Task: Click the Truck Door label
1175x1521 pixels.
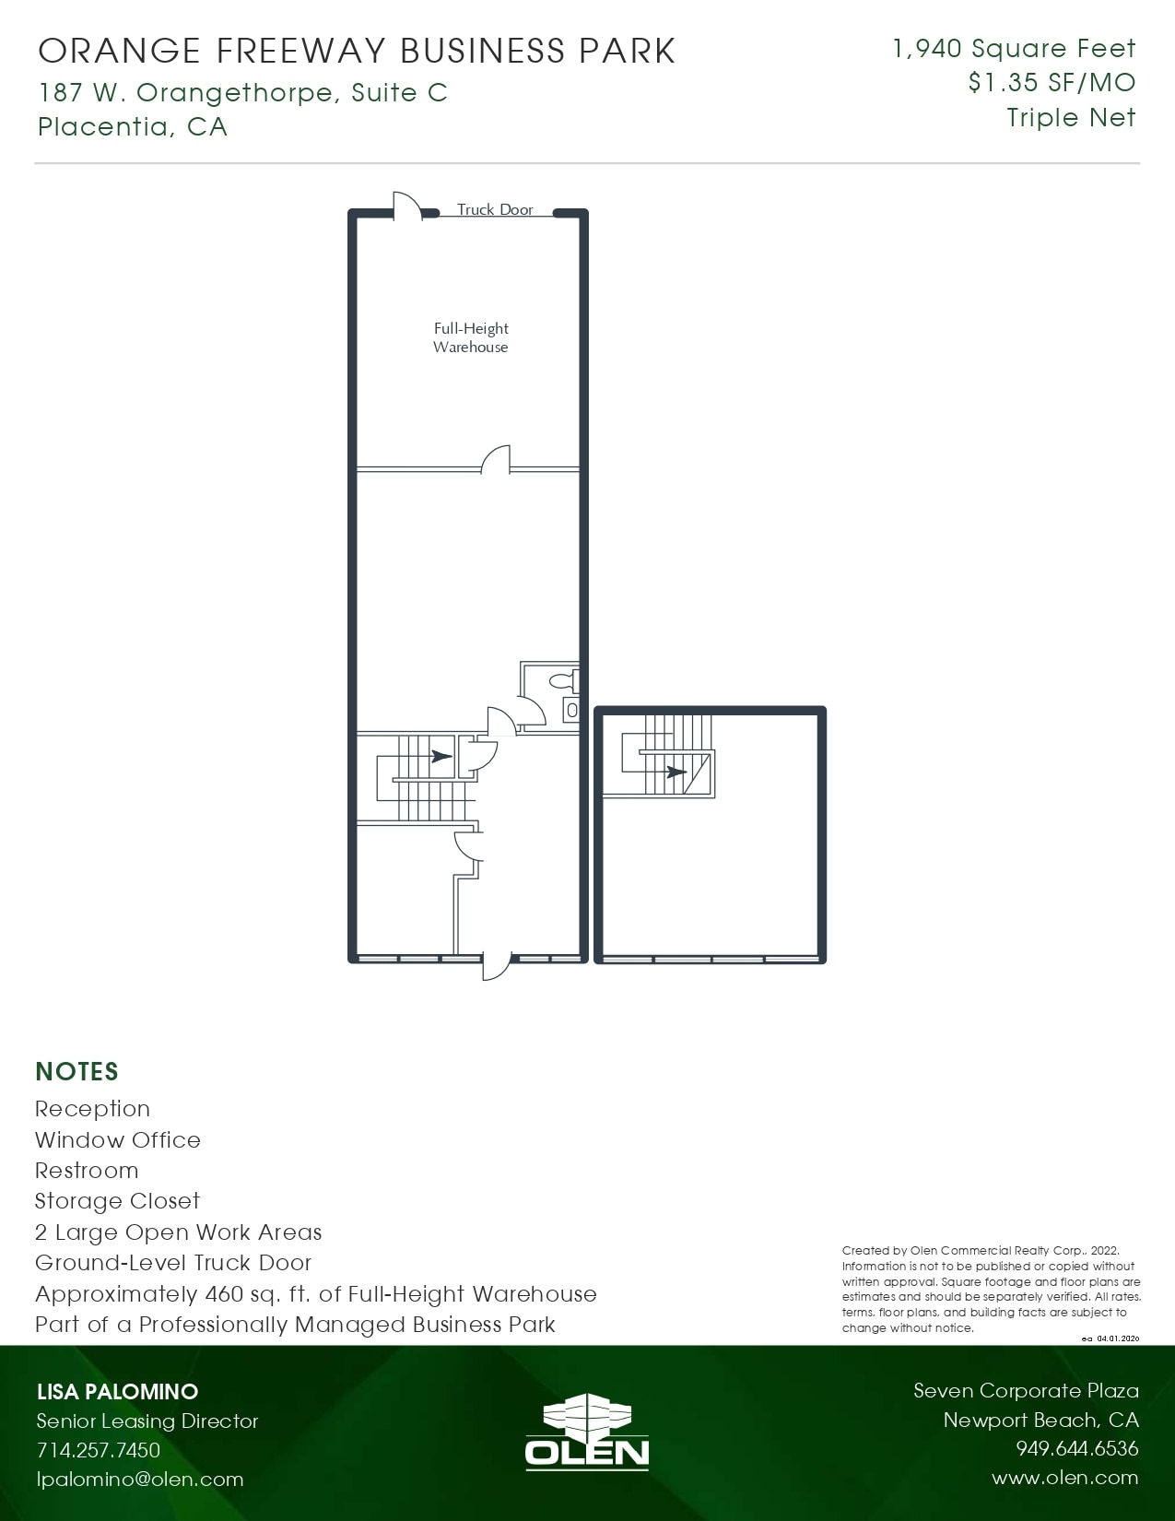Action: click(x=495, y=210)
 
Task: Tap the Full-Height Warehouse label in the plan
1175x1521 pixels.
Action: click(x=471, y=337)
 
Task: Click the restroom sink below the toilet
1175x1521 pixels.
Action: click(x=571, y=711)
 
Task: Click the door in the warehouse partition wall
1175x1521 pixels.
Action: click(x=496, y=459)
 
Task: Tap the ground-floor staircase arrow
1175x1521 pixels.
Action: click(x=441, y=757)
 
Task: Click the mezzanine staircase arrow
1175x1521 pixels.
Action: click(x=676, y=772)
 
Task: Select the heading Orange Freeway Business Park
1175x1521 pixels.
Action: click(x=357, y=52)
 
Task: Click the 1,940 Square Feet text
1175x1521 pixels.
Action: click(x=1014, y=49)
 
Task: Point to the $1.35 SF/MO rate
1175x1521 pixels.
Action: click(x=1052, y=83)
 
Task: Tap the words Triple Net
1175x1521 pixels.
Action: click(x=1071, y=118)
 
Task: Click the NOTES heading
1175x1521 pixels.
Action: click(x=77, y=1071)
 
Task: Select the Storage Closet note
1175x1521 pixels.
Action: click(x=117, y=1201)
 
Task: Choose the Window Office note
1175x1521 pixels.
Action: click(x=118, y=1140)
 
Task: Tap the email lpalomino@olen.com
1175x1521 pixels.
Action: click(x=140, y=1480)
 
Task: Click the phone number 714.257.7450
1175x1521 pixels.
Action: click(x=99, y=1450)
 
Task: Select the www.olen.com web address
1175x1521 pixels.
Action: click(x=1064, y=1479)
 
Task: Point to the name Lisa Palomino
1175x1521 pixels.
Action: click(x=117, y=1392)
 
